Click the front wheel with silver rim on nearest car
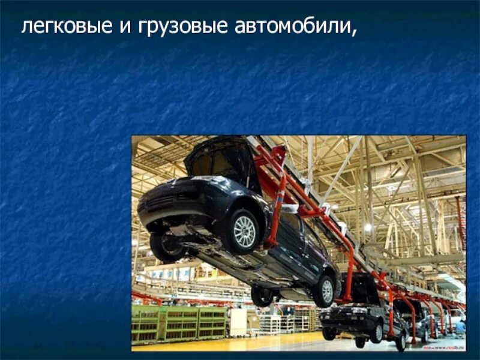[x=244, y=230]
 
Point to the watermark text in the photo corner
[x=443, y=347]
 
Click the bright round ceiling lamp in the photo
[x=367, y=227]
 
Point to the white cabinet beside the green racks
[x=238, y=322]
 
